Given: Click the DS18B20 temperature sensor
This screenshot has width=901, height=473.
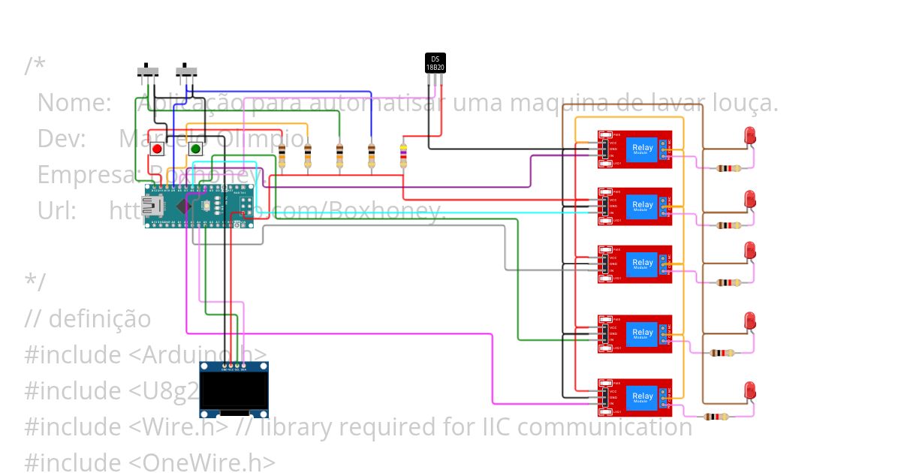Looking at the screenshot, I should tap(435, 63).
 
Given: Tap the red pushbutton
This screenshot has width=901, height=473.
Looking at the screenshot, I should tap(157, 149).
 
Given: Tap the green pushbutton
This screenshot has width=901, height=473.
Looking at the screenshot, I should tap(195, 149).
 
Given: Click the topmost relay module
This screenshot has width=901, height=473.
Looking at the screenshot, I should tap(634, 149).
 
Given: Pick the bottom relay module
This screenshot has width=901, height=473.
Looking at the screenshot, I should tap(634, 397).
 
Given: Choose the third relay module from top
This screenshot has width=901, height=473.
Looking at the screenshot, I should tap(634, 264).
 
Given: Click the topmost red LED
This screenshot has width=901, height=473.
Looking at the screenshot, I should tap(749, 136).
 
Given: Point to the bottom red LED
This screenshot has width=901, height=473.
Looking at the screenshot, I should tap(749, 391).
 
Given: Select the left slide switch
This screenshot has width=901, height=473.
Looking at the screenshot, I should tap(148, 72).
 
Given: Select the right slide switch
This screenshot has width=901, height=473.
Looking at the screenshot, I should tap(187, 72).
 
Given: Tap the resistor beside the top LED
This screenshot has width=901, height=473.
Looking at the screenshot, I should tap(726, 168).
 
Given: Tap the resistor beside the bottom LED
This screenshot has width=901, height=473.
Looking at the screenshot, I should tap(716, 417).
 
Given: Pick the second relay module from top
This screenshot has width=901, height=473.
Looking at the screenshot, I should tap(634, 206).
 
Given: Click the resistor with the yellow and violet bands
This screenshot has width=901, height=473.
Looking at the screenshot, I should tap(404, 156).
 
